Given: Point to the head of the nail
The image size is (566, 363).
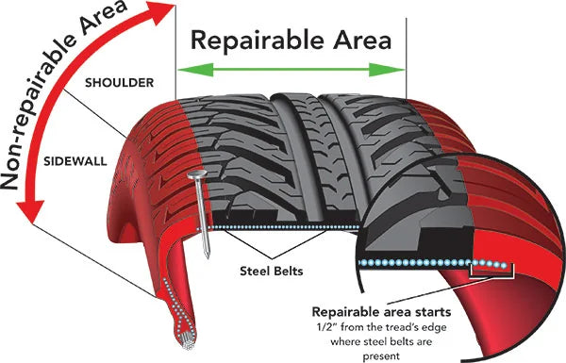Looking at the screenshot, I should [197, 176].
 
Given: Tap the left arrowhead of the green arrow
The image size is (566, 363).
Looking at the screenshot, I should [184, 69].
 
